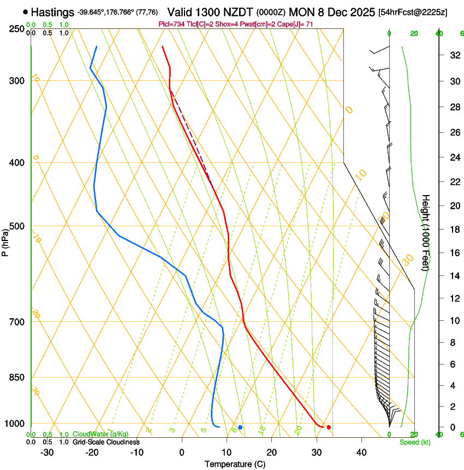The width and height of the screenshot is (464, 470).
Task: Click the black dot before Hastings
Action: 26,11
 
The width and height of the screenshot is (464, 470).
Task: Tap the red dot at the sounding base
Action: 329,427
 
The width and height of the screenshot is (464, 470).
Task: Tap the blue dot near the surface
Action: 240,427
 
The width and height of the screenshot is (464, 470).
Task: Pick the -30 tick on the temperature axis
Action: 47,452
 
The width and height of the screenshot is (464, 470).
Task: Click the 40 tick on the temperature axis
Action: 361,452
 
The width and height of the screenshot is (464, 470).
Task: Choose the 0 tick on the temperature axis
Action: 182,452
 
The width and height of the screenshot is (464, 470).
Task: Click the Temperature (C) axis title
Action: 235,464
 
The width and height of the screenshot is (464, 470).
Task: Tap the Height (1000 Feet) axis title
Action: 426,232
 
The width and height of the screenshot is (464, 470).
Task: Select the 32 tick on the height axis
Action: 454,55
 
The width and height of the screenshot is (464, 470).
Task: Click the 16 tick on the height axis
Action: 454,252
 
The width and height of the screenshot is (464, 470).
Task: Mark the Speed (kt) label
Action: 414,442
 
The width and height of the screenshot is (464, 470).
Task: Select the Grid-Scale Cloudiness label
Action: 106,442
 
